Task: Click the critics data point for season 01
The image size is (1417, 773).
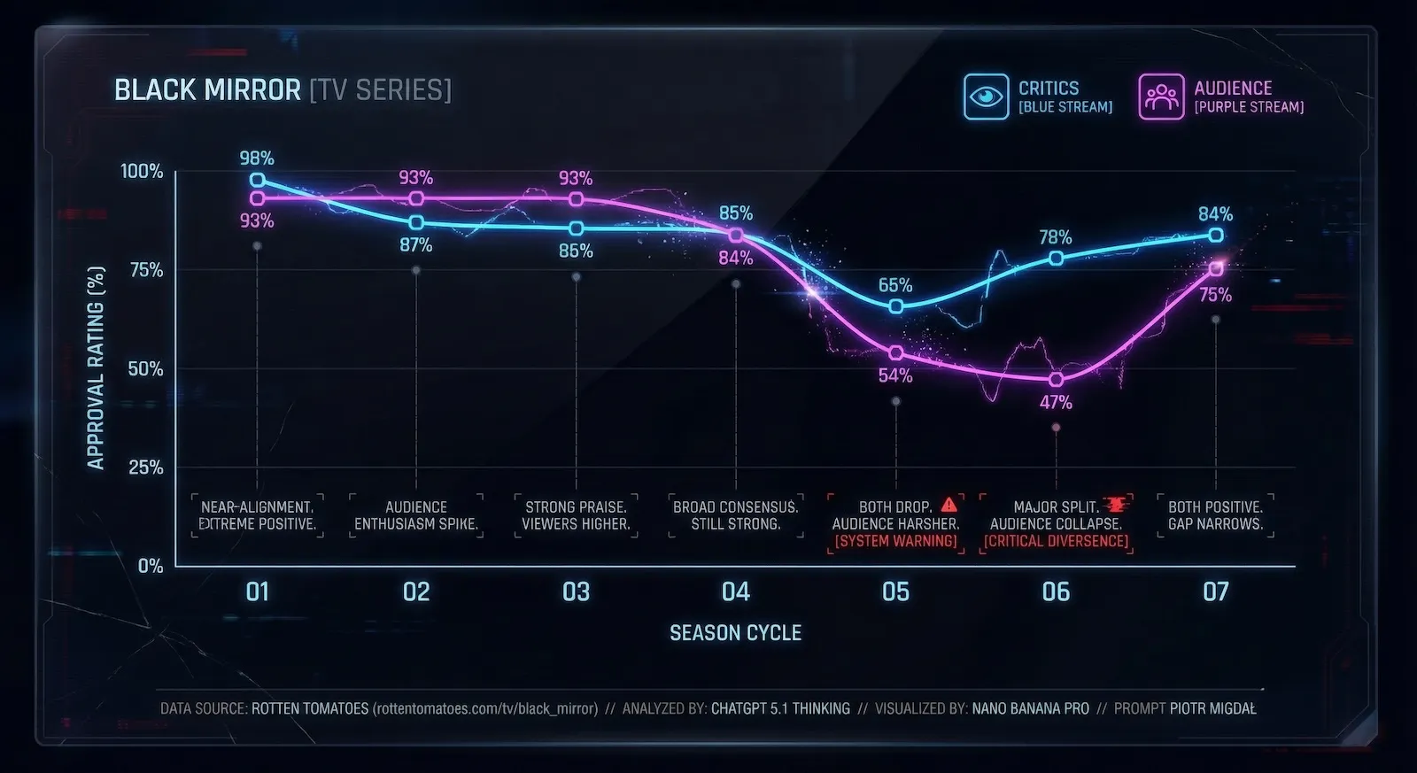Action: (x=257, y=180)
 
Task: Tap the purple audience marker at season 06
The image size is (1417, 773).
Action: (x=1056, y=379)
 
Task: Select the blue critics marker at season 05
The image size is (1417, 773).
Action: (x=895, y=306)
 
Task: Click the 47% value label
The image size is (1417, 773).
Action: (x=1056, y=403)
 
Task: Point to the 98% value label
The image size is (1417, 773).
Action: (x=257, y=158)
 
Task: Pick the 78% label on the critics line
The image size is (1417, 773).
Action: (x=1056, y=237)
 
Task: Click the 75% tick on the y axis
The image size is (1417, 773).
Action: (x=146, y=270)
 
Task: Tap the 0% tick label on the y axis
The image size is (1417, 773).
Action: (x=151, y=566)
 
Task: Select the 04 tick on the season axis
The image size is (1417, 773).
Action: (x=735, y=591)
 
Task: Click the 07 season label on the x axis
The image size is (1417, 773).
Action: (x=1215, y=591)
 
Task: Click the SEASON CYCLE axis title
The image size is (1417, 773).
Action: (x=735, y=633)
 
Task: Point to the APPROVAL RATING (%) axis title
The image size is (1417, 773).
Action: (x=96, y=367)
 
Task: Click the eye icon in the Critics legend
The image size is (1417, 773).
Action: (x=986, y=97)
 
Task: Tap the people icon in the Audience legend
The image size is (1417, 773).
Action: (x=1161, y=97)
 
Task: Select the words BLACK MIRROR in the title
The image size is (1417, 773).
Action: (x=207, y=90)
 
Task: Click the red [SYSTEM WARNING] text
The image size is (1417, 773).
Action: (x=895, y=541)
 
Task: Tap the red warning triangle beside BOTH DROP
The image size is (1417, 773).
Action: (x=949, y=505)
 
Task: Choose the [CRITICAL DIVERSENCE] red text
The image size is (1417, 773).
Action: (x=1056, y=541)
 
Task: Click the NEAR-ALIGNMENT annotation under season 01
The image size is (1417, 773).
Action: (x=257, y=507)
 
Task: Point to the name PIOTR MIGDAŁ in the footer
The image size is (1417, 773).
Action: (x=1212, y=708)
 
